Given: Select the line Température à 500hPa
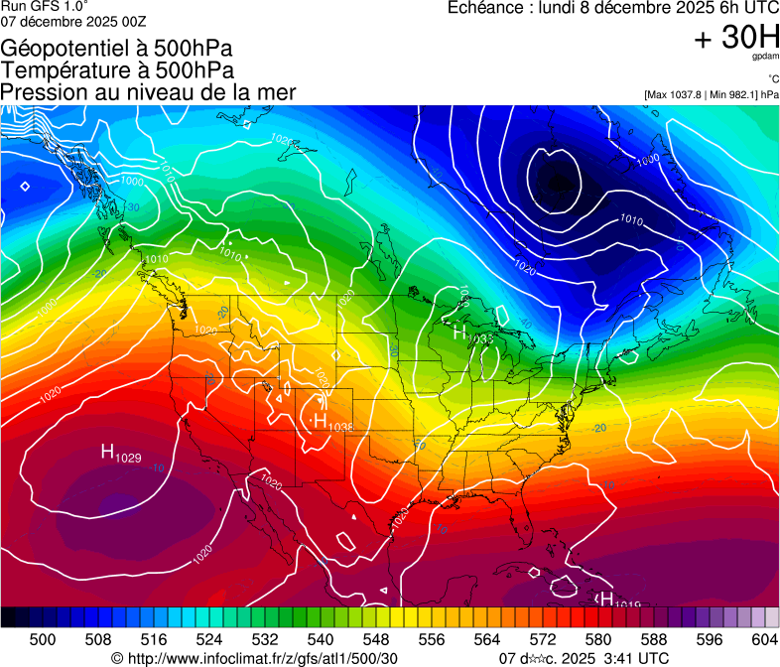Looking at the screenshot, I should (x=117, y=70).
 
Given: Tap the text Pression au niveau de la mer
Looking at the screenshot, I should (x=148, y=92).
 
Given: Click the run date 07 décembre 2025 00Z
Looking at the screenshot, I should (x=73, y=21).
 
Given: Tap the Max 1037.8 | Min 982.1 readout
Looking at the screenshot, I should (x=711, y=95).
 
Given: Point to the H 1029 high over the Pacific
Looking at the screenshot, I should (x=120, y=454).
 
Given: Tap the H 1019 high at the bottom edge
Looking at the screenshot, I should (x=616, y=600).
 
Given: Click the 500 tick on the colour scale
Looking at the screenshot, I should (x=43, y=640).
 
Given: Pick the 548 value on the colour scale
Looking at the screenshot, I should (x=376, y=640).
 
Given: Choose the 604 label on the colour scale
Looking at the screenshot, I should (x=765, y=640).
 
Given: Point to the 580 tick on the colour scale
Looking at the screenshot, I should (x=598, y=640).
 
